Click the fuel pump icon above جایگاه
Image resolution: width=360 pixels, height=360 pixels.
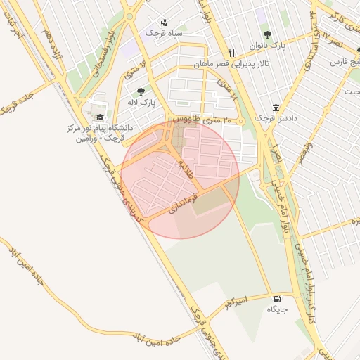tap(275, 298)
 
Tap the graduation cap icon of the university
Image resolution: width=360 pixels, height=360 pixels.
tap(99, 117)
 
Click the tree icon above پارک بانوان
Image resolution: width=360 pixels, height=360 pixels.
tap(266, 34)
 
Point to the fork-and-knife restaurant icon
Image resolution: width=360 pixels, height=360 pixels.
tap(231, 53)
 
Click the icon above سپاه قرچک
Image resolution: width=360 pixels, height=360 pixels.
tap(164, 22)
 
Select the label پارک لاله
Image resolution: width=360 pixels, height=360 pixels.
tap(141, 103)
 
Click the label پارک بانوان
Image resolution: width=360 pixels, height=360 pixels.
tap(268, 46)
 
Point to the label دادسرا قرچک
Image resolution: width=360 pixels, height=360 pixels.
tap(276, 118)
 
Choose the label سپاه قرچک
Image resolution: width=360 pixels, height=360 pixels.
tap(164, 33)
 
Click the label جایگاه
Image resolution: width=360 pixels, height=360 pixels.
tap(276, 309)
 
